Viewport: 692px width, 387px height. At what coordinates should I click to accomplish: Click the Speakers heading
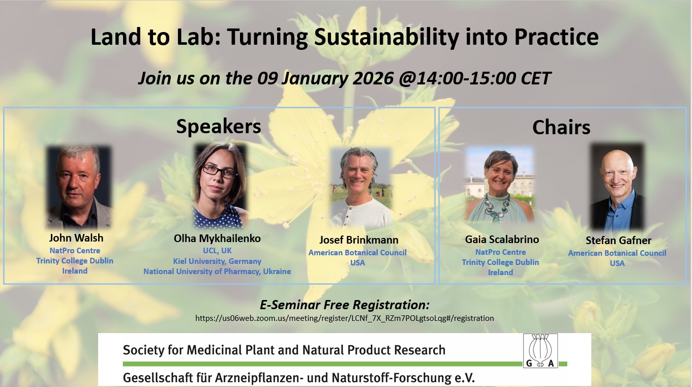[x=219, y=126]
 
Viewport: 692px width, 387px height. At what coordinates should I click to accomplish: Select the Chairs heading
[x=561, y=127]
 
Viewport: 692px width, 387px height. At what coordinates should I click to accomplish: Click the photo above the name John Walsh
[x=79, y=187]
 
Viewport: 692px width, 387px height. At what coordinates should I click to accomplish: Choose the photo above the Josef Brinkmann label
[x=360, y=188]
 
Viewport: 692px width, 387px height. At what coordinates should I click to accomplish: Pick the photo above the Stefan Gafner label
[x=617, y=186]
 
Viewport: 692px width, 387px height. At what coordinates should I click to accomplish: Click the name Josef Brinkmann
[x=358, y=240]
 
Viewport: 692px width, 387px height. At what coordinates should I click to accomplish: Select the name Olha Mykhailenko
[x=217, y=239]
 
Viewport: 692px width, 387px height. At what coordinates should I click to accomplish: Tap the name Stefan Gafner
[x=618, y=241]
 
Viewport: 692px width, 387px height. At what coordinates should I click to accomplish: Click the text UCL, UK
[x=217, y=251]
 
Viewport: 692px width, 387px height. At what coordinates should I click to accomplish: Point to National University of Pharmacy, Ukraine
[x=217, y=271]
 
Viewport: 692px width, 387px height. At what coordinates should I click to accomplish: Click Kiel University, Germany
[x=217, y=261]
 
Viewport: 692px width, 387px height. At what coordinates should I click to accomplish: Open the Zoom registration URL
[x=344, y=318]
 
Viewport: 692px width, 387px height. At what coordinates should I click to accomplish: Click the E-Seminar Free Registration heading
[x=344, y=305]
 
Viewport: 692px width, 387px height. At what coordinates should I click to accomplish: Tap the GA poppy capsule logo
[x=540, y=350]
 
